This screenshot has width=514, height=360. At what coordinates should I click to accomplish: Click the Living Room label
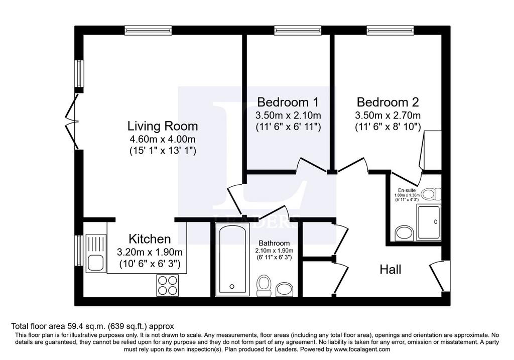163,126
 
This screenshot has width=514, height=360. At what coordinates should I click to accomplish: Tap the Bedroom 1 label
288,102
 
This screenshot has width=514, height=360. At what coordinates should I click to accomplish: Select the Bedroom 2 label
388,102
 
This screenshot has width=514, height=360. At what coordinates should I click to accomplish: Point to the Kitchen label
150,238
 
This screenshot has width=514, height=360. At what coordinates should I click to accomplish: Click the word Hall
391,270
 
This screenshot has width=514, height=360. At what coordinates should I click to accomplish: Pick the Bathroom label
274,244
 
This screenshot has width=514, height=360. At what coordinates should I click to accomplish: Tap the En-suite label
407,190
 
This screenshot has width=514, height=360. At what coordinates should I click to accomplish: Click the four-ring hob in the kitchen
168,285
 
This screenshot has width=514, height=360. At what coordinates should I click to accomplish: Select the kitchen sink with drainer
96,253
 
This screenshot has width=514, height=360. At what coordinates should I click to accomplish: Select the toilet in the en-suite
431,194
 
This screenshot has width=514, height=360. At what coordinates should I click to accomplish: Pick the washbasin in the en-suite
405,233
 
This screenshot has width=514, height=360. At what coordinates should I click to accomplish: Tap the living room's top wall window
148,31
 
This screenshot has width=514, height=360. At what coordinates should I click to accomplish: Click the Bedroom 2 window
390,31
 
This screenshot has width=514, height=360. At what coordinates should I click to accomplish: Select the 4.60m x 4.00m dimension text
163,139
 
